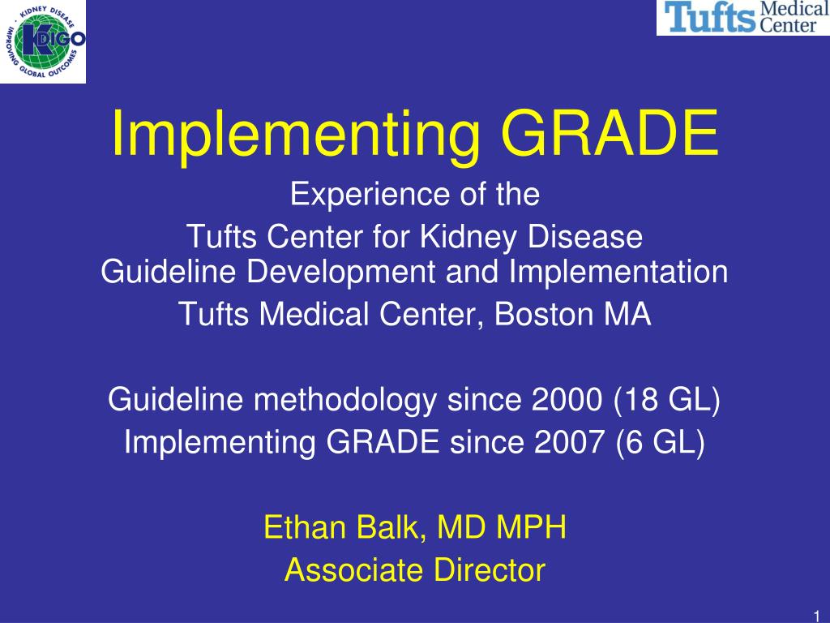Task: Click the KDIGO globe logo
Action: (43, 41)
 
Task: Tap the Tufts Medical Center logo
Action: (743, 18)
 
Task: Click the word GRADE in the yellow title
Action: (610, 133)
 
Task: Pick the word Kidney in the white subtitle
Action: (468, 237)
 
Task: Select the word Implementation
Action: (618, 273)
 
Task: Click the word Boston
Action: (543, 314)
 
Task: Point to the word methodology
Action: (344, 400)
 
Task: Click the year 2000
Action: (567, 399)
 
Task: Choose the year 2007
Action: (570, 442)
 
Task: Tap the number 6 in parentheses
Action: (634, 442)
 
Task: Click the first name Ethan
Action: (305, 527)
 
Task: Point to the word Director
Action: (490, 570)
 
